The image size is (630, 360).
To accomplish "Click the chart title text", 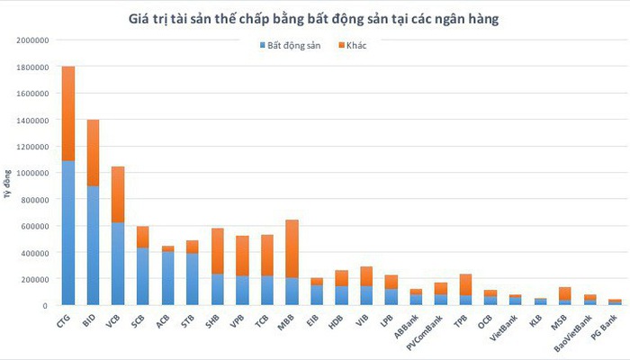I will point(315,18).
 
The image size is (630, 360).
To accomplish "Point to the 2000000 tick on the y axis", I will point(31,40).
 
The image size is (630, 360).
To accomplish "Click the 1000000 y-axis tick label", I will point(31,173).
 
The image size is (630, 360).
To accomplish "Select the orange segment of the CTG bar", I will point(67,113).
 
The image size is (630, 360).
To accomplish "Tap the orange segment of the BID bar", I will point(93,152).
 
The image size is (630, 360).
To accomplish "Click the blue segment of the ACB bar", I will point(167,278).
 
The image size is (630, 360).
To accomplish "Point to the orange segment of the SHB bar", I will point(217,251).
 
